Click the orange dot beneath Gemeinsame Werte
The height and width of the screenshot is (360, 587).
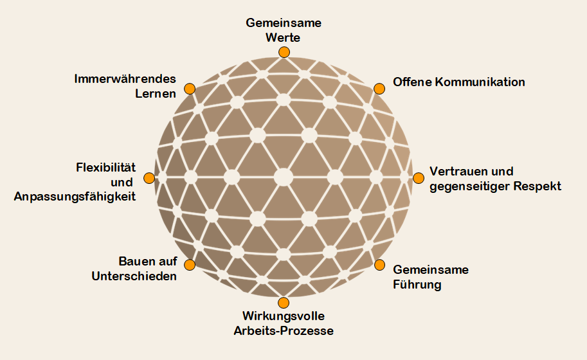click(284, 52)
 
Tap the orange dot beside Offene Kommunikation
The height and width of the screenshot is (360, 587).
click(379, 89)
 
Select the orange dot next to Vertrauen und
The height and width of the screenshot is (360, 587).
click(419, 178)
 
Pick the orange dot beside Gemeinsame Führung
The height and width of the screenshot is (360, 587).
click(379, 265)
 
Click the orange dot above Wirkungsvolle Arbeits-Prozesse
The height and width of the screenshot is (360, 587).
click(284, 302)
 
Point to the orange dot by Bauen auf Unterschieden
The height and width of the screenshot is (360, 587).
click(190, 265)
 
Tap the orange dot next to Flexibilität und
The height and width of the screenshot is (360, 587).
click(149, 178)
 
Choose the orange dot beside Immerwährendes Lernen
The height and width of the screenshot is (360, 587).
click(190, 89)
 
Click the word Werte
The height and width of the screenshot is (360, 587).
click(283, 38)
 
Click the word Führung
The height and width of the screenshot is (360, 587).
click(417, 284)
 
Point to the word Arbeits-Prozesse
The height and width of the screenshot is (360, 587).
click(284, 331)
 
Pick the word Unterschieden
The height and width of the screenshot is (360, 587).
click(134, 276)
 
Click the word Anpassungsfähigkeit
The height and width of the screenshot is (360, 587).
click(75, 197)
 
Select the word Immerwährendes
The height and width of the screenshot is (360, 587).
click(125, 79)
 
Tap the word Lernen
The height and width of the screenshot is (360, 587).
click(156, 94)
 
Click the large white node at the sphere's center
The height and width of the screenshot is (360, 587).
click(284, 177)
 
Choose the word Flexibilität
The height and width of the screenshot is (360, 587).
click(106, 167)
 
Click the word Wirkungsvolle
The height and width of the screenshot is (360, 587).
click(284, 316)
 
